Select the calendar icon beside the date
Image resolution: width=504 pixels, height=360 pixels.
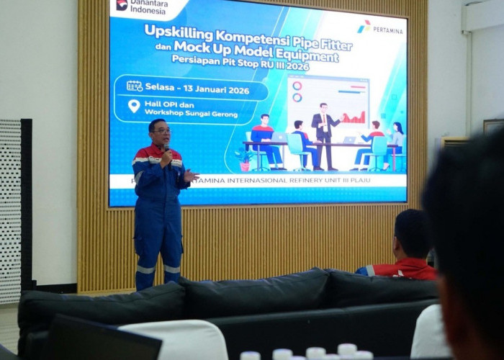pyautogui.click(x=135, y=86)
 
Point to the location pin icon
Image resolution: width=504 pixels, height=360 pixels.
pyautogui.click(x=134, y=106)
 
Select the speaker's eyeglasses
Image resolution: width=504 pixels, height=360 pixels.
pyautogui.click(x=161, y=130)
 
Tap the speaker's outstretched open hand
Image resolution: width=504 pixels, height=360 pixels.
pyautogui.click(x=190, y=175)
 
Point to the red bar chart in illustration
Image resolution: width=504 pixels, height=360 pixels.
pyautogui.click(x=352, y=117)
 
